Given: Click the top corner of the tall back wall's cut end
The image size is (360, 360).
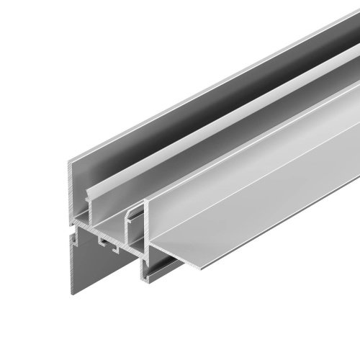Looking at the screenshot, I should click(73, 161).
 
